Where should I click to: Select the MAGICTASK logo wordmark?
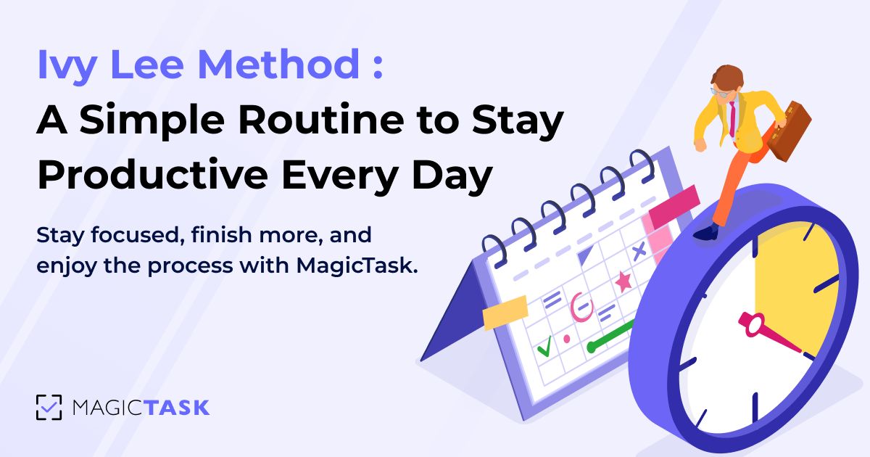pos(141,407)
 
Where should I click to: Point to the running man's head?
pos(726,81)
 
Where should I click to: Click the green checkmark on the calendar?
pos(544,348)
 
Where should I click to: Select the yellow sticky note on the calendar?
pos(505,312)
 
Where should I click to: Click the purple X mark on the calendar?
pos(639,252)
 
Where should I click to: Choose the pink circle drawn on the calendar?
pos(580,306)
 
